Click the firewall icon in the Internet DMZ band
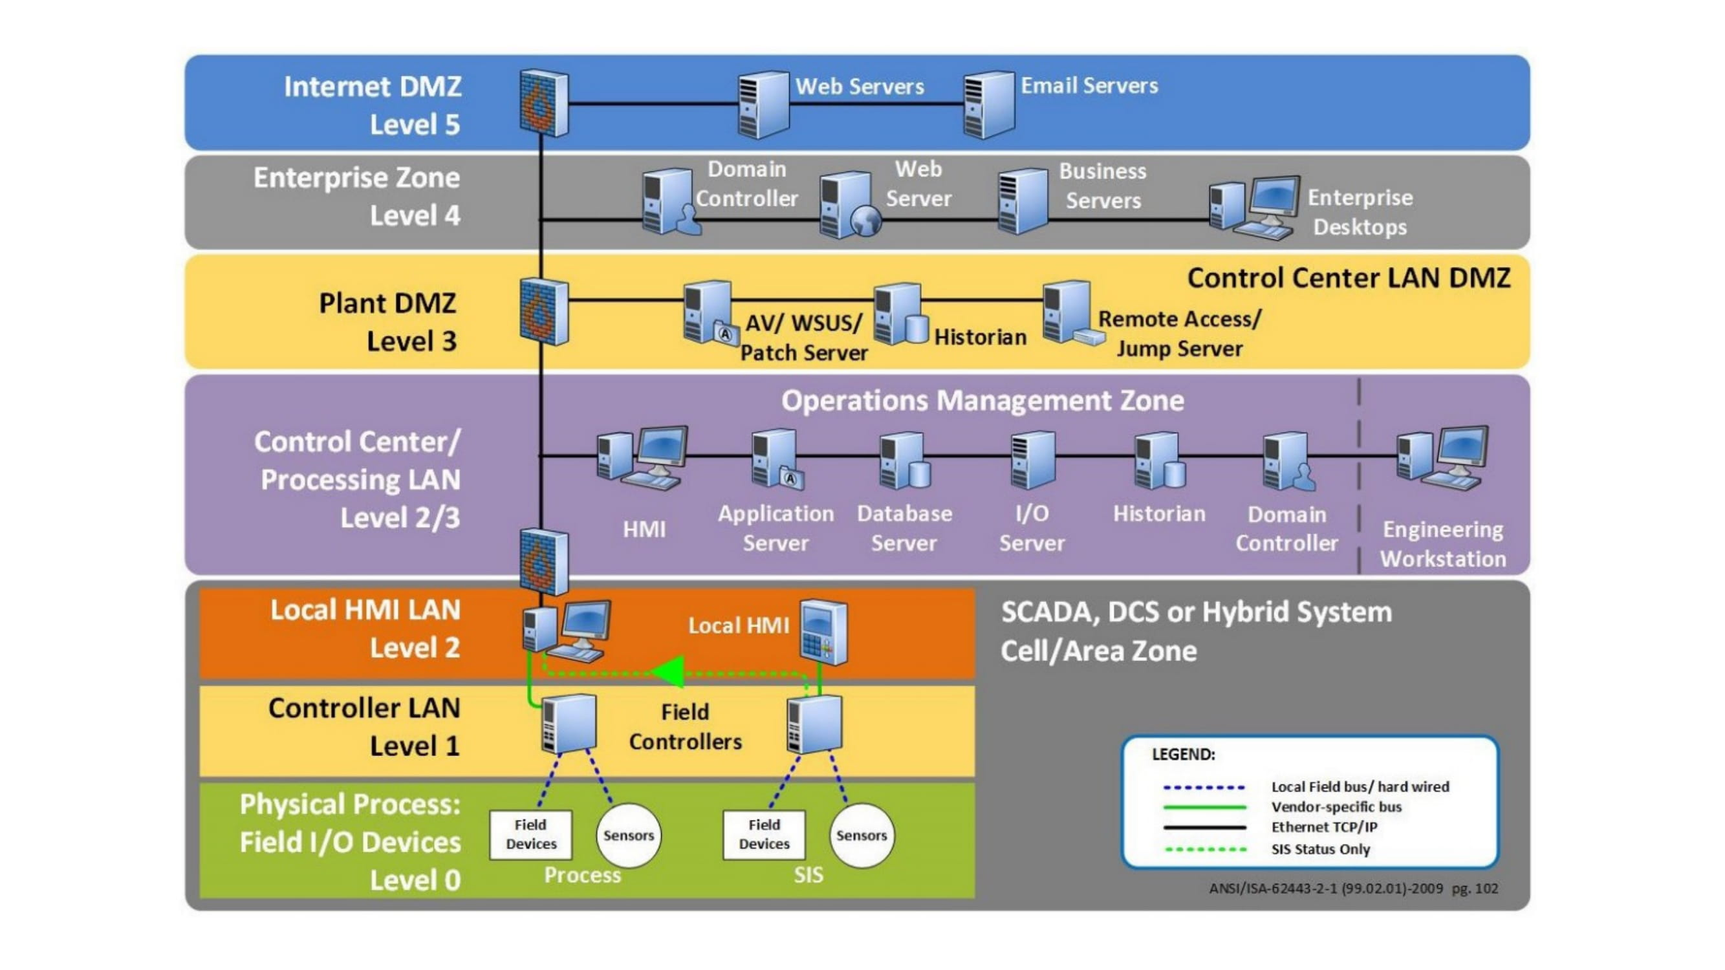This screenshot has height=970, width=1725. coord(544,102)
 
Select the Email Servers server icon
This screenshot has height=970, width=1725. coord(988,105)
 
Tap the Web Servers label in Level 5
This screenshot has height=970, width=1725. coord(859,87)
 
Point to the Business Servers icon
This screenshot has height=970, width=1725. coord(1022,202)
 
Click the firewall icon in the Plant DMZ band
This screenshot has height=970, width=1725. coord(544,312)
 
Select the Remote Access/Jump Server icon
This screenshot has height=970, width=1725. coord(1069,312)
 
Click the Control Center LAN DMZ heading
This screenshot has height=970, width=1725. coord(1348,278)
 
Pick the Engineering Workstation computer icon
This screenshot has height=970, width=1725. coord(1442,458)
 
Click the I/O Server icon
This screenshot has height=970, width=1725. coord(1032,460)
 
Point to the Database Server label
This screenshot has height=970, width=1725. coord(904,528)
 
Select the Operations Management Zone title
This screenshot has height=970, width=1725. coord(982,400)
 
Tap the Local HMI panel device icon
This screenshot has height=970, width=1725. coord(823,632)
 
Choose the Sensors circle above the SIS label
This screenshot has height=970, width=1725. coord(861,835)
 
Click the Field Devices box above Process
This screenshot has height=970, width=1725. coord(530,835)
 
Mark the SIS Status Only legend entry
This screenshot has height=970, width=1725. coord(1320,850)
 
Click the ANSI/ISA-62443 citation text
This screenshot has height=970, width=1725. coord(1352,889)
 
